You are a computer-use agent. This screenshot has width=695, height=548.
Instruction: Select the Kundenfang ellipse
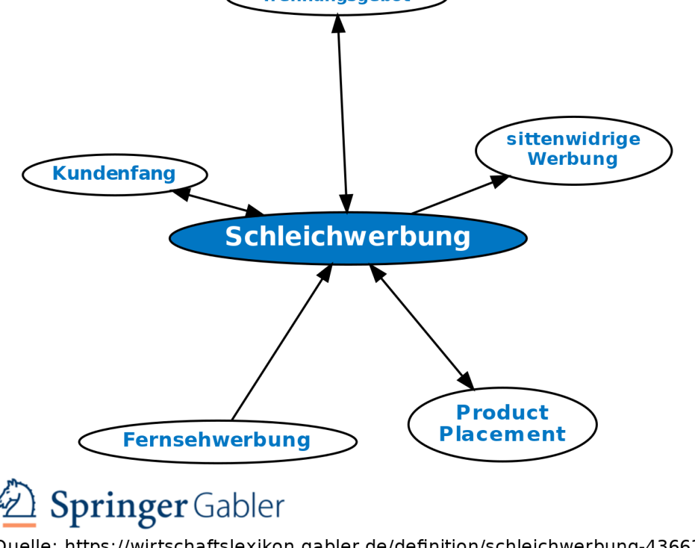114,174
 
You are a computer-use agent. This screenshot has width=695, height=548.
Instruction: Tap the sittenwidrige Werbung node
574,150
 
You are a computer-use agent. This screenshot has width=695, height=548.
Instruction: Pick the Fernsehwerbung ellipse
217,441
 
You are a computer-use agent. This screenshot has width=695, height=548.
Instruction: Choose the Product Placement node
502,424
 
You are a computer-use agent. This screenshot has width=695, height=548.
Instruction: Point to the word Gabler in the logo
238,506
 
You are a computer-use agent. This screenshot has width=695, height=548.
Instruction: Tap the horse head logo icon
18,500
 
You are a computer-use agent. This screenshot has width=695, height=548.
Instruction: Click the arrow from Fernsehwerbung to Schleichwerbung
282,342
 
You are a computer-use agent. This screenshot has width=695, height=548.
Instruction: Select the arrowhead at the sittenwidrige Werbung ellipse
500,180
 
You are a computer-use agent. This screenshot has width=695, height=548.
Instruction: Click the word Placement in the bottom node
502,434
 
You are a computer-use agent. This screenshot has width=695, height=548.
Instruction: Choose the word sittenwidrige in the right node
574,139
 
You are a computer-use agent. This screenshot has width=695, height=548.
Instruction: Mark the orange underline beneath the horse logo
18,525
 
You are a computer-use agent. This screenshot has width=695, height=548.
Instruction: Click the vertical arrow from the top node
342,115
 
